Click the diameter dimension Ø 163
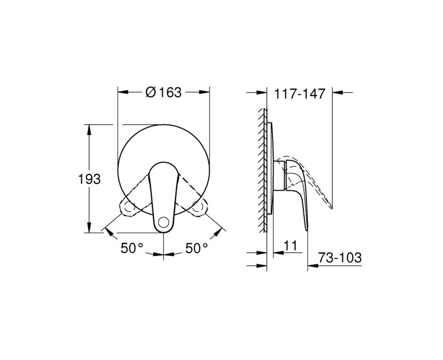pos(163,93)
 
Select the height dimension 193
pos(89,179)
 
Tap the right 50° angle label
pos(196,249)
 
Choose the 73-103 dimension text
pos(341,258)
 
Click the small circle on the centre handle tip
pos(163,224)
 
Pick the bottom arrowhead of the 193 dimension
pos(89,229)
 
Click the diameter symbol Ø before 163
pos(150,93)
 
